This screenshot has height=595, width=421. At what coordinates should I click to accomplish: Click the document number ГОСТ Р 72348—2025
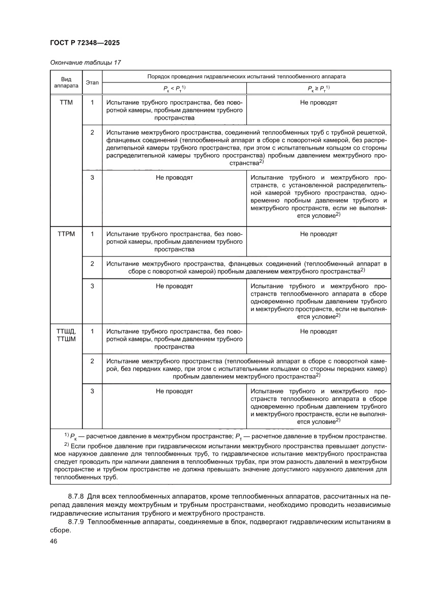click(x=85, y=43)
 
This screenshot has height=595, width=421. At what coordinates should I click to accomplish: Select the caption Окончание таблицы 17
click(x=86, y=62)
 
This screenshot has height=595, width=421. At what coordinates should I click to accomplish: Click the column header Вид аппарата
click(x=66, y=82)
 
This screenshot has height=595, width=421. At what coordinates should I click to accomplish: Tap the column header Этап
click(x=92, y=82)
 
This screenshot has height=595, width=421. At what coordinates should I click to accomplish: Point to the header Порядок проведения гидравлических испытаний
click(x=246, y=76)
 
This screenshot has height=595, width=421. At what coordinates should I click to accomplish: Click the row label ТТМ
click(x=66, y=102)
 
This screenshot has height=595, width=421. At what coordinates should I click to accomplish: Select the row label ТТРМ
click(x=66, y=234)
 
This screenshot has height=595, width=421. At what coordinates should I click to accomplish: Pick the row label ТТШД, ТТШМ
click(x=66, y=335)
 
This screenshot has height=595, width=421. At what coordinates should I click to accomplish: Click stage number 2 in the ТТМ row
click(x=92, y=132)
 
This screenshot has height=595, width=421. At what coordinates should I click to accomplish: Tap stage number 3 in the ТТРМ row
click(x=92, y=286)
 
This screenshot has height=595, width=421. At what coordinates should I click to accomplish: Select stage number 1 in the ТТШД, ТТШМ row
click(x=92, y=331)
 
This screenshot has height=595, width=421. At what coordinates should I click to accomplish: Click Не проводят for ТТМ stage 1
click(x=319, y=102)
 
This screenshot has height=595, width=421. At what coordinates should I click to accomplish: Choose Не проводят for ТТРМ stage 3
click(x=174, y=286)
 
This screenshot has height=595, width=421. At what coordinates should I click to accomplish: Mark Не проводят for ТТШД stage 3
click(x=174, y=391)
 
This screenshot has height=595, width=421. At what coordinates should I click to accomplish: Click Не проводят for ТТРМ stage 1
click(x=319, y=234)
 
